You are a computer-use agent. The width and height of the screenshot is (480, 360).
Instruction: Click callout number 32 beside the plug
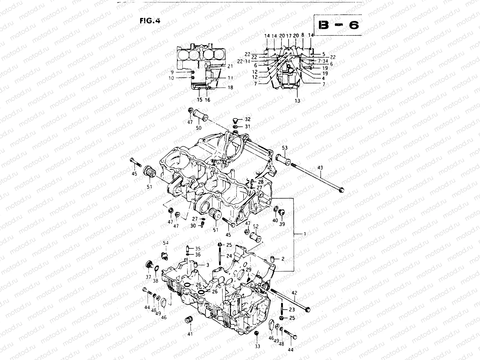click(x=247, y=119)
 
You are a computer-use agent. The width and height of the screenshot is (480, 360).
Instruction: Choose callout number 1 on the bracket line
click(x=305, y=233)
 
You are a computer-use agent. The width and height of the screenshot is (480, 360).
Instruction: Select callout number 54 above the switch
click(x=166, y=242)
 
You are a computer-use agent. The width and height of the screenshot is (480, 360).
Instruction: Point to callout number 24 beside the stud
click(x=229, y=256)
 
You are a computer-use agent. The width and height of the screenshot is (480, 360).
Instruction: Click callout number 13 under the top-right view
click(x=297, y=101)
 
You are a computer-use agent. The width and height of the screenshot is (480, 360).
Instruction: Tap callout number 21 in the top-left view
click(x=230, y=66)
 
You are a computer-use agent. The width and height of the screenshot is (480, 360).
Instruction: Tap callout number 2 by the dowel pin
click(x=283, y=259)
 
